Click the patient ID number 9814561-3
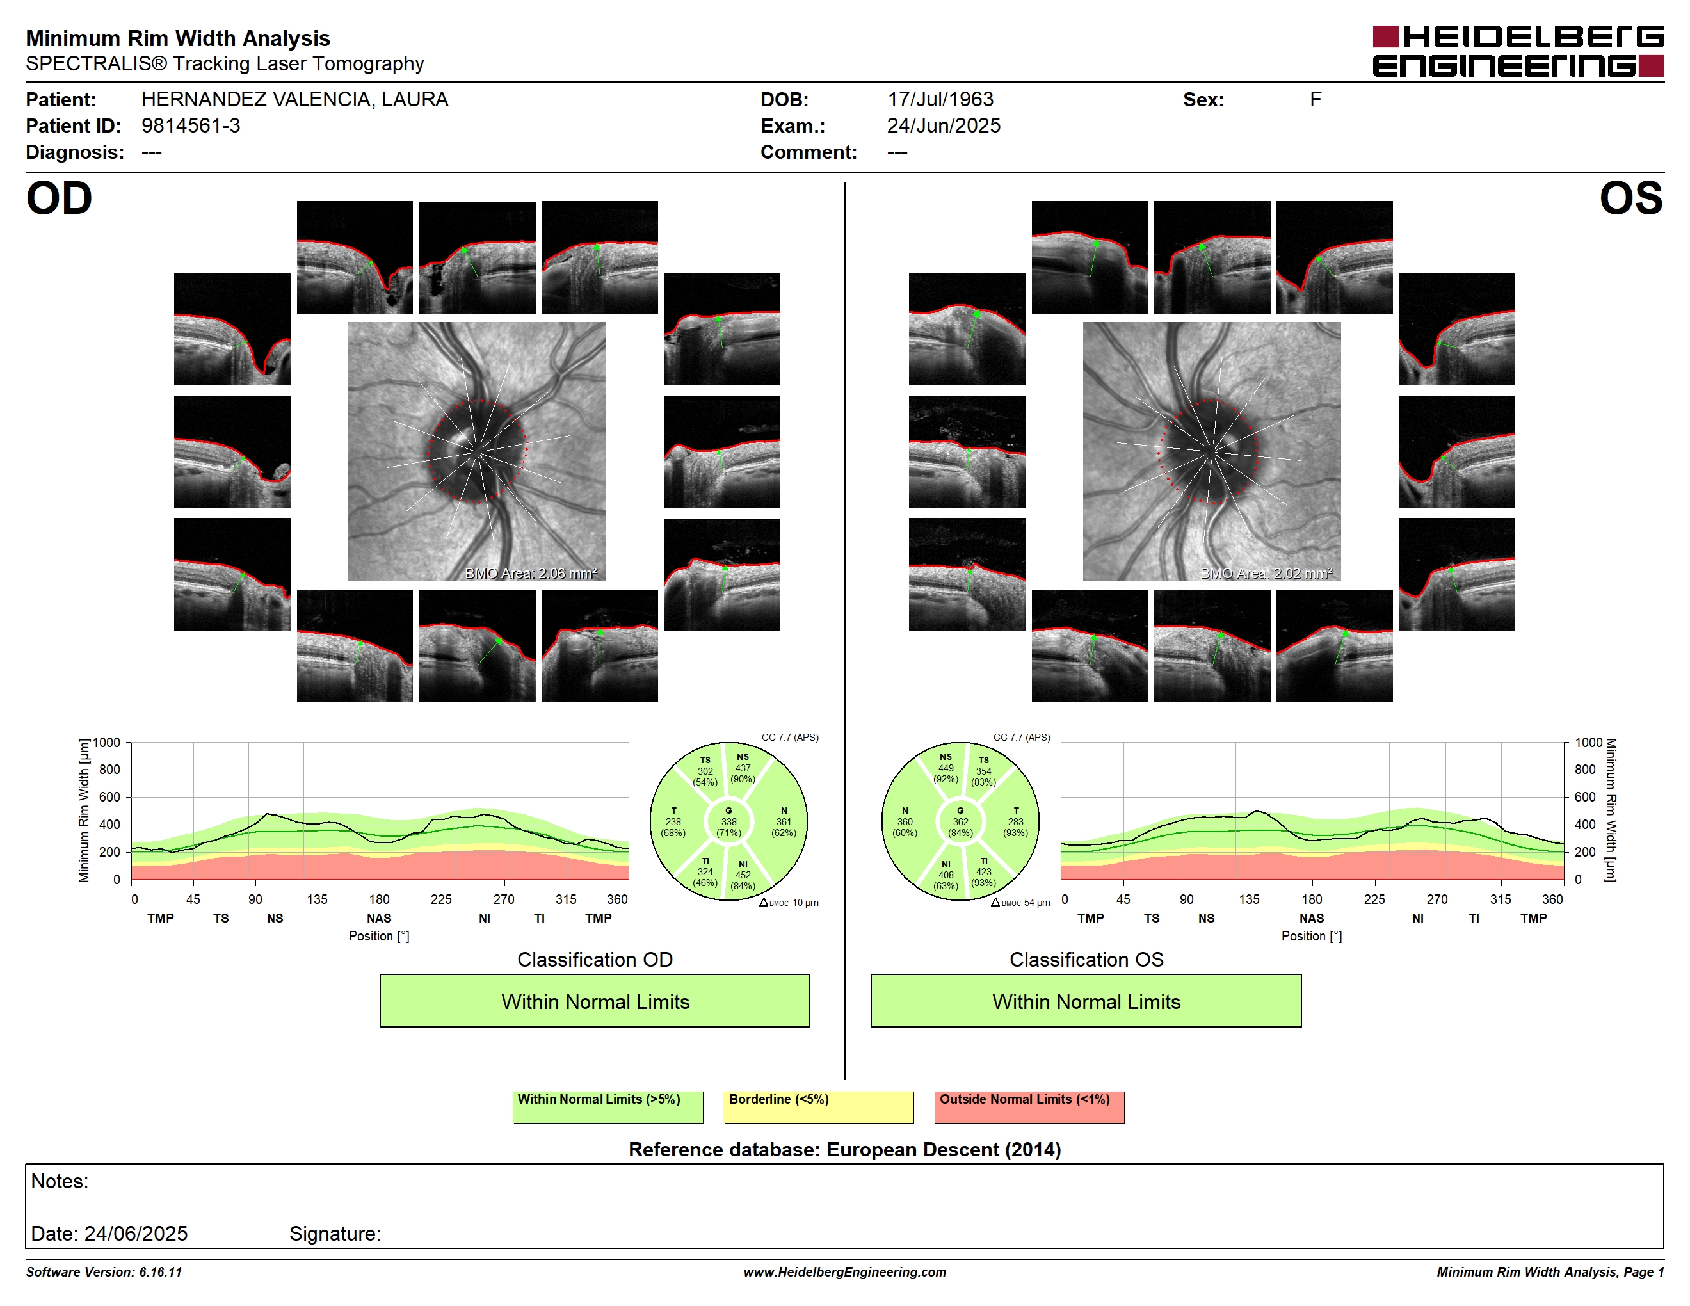190,125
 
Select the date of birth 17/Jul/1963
940,99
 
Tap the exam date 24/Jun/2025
944,125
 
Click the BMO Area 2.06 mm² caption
531,574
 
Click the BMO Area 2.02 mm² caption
1266,574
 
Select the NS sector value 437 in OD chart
743,768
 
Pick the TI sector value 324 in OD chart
705,872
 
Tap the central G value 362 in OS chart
960,821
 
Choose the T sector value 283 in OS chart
1015,821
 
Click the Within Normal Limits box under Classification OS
1086,1001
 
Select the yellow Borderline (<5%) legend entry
818,1106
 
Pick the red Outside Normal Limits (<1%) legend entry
1029,1106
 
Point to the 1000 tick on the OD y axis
107,743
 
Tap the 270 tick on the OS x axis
1437,899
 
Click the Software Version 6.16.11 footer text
104,1272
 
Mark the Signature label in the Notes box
335,1233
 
